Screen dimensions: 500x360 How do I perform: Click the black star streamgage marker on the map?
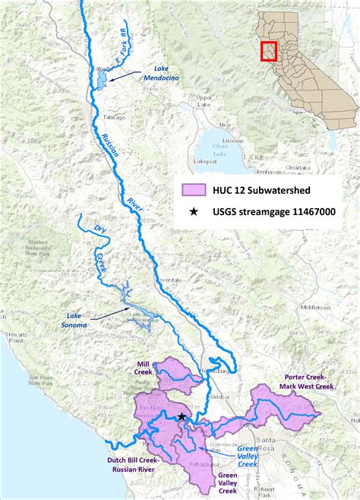coord(182,417)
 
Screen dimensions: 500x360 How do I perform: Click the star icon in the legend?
coord(195,213)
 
